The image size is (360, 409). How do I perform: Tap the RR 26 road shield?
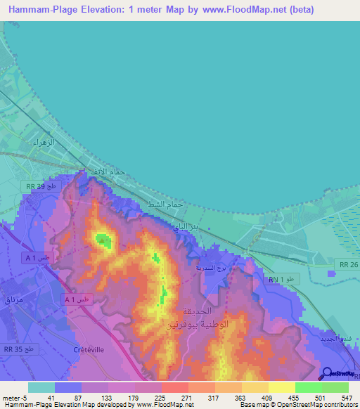[349, 264]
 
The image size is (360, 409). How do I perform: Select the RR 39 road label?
[37, 186]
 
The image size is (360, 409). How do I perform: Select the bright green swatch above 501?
[308, 387]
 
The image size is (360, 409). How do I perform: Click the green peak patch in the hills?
[104, 240]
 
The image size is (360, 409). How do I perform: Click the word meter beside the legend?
[11, 397]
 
